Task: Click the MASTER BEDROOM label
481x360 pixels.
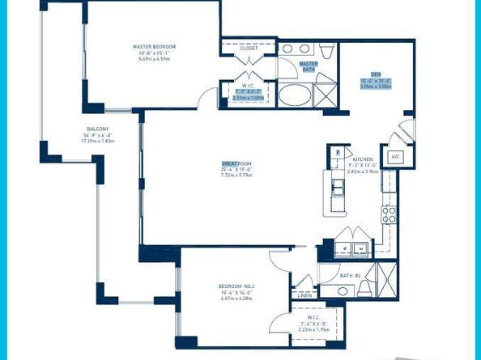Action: pos(154,47)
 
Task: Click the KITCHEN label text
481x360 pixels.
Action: pos(362,148)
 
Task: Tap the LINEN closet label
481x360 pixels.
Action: pos(304,295)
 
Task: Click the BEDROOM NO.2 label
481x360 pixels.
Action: pos(235,287)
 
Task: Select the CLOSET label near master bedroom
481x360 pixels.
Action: pos(249,48)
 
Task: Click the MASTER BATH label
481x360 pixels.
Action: pos(308,66)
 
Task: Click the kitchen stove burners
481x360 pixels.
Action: pos(389,214)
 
